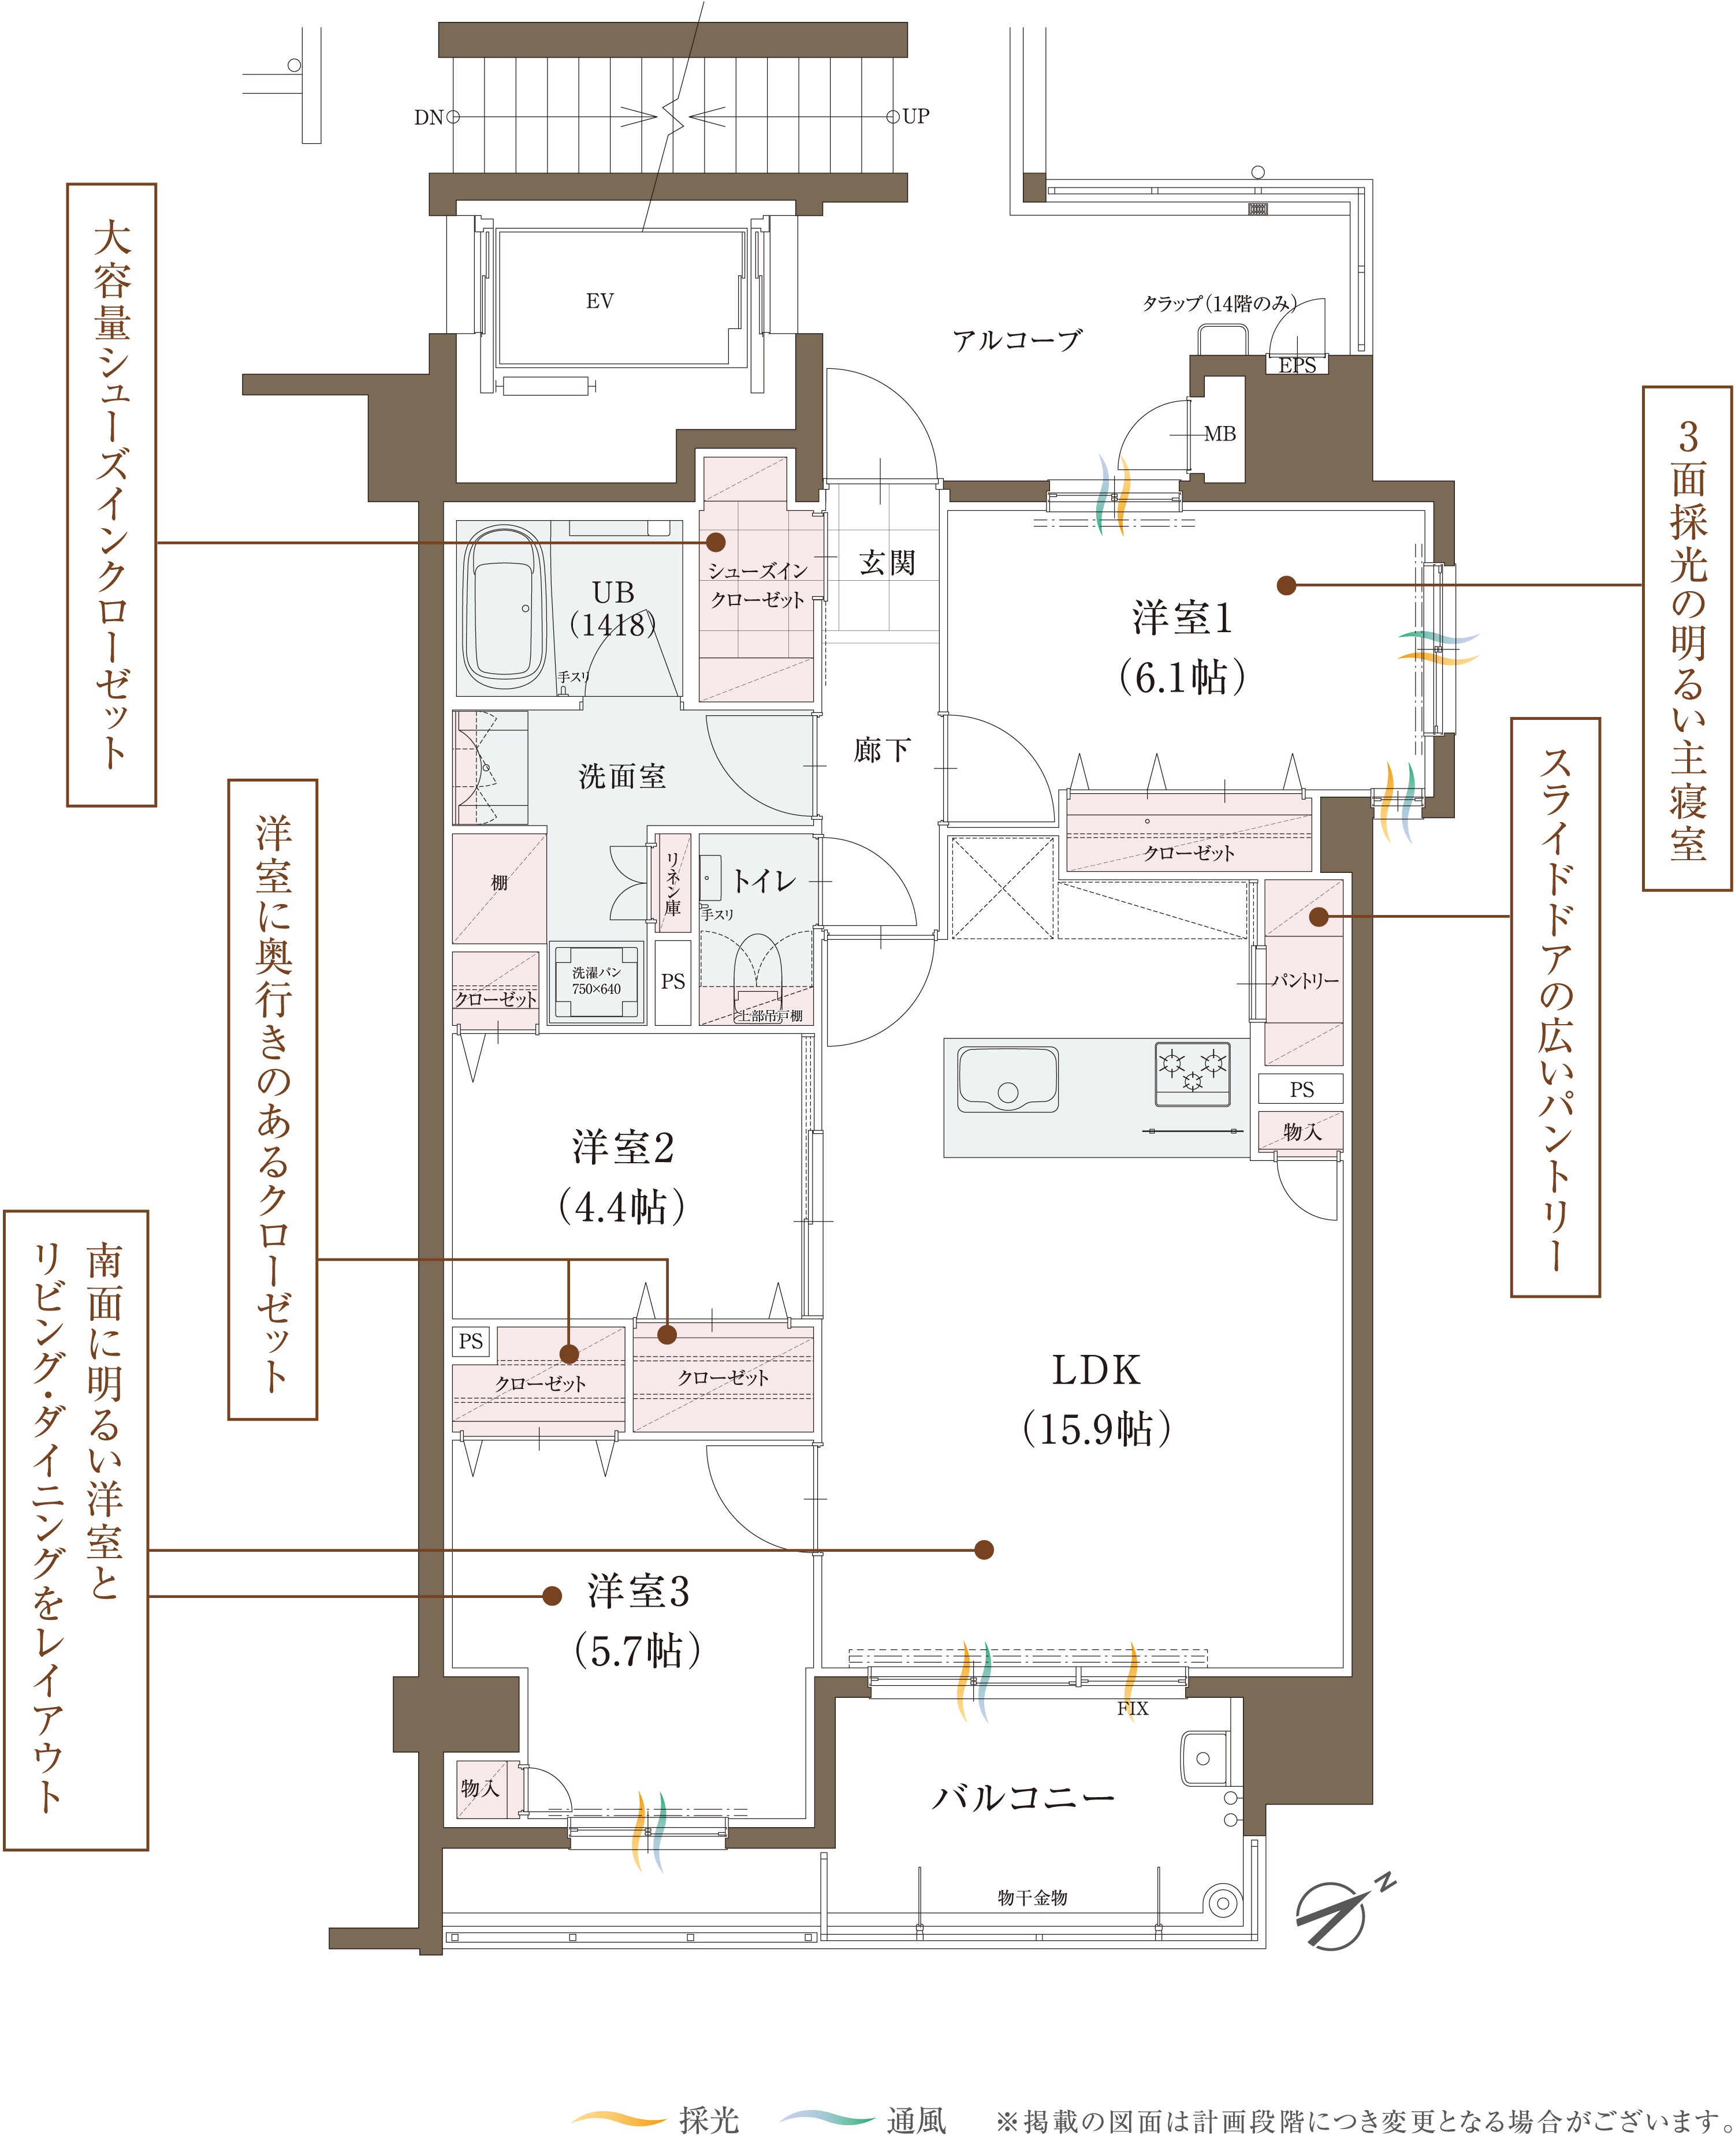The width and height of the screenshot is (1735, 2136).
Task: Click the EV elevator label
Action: (600, 301)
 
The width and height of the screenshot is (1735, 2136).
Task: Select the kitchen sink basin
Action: (1007, 1079)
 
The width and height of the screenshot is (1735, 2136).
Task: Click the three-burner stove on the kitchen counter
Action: (1192, 1073)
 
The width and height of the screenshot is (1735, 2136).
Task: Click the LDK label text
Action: (1096, 1370)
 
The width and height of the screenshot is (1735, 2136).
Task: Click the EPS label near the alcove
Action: (1297, 365)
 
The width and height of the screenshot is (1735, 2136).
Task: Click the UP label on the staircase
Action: (915, 116)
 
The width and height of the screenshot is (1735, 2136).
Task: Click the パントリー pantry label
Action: (1304, 980)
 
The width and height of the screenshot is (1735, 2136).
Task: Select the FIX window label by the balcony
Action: (1133, 1708)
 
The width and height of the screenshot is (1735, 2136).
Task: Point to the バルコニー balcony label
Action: (1022, 1797)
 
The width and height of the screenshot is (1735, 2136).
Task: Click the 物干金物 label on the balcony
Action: (1033, 1897)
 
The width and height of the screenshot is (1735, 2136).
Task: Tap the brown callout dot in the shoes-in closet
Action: (716, 542)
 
